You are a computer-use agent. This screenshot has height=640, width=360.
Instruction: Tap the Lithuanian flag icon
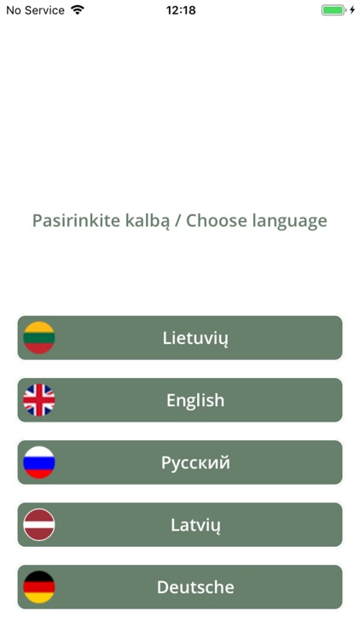click(39, 338)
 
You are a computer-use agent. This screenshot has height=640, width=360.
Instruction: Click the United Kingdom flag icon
click(39, 400)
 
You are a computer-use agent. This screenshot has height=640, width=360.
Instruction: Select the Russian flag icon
click(39, 463)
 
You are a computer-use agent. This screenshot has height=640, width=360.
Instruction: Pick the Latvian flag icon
click(39, 525)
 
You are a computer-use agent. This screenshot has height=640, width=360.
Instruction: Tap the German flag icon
click(39, 587)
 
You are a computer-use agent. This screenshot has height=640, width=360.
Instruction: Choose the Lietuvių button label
click(195, 338)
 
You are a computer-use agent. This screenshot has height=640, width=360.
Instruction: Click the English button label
click(195, 400)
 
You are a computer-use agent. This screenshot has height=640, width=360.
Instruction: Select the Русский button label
click(195, 463)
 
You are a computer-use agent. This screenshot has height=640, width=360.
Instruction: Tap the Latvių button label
click(195, 525)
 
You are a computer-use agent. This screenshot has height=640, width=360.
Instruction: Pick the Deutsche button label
click(195, 587)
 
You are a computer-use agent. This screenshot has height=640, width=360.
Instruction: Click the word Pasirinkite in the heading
click(71, 221)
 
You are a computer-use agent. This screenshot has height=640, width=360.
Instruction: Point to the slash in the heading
click(176, 221)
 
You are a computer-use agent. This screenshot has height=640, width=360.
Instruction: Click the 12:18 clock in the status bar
click(180, 10)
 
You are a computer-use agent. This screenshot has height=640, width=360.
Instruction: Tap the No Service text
click(35, 10)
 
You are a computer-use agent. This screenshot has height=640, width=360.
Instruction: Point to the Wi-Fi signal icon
click(78, 10)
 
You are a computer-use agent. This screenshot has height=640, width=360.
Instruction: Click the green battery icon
click(333, 10)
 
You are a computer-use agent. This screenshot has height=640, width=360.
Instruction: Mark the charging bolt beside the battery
click(352, 10)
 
